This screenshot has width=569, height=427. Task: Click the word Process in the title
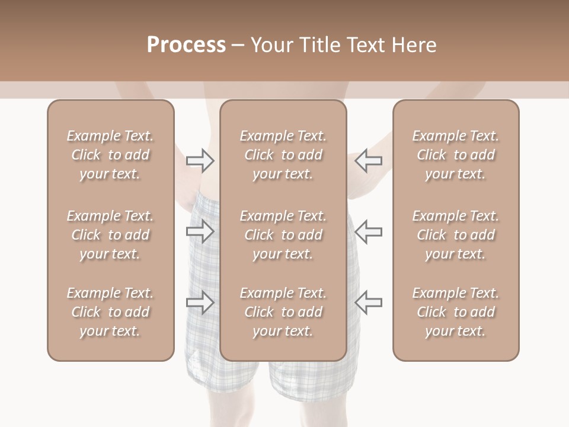pyautogui.click(x=187, y=45)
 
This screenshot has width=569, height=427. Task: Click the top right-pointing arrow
pyautogui.click(x=200, y=161)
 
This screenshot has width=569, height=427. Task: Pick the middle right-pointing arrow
pyautogui.click(x=200, y=231)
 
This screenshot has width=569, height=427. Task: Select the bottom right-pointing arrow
pyautogui.click(x=200, y=302)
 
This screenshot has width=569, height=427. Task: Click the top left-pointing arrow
pyautogui.click(x=368, y=161)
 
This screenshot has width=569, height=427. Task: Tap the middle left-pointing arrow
pyautogui.click(x=368, y=231)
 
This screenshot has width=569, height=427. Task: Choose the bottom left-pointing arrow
pyautogui.click(x=368, y=302)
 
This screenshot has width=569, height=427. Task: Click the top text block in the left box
pyautogui.click(x=110, y=155)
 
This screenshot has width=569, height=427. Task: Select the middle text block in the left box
pyautogui.click(x=110, y=235)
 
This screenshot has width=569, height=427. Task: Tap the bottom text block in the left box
pyautogui.click(x=110, y=312)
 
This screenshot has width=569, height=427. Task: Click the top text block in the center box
pyautogui.click(x=283, y=155)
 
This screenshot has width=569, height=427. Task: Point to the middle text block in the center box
pyautogui.click(x=283, y=235)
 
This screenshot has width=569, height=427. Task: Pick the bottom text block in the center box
pyautogui.click(x=283, y=312)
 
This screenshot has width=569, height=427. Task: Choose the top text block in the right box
pyautogui.click(x=456, y=155)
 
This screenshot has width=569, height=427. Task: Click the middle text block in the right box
pyautogui.click(x=456, y=235)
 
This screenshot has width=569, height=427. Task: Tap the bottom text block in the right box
pyautogui.click(x=456, y=312)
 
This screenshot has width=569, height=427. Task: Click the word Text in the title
pyautogui.click(x=367, y=45)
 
